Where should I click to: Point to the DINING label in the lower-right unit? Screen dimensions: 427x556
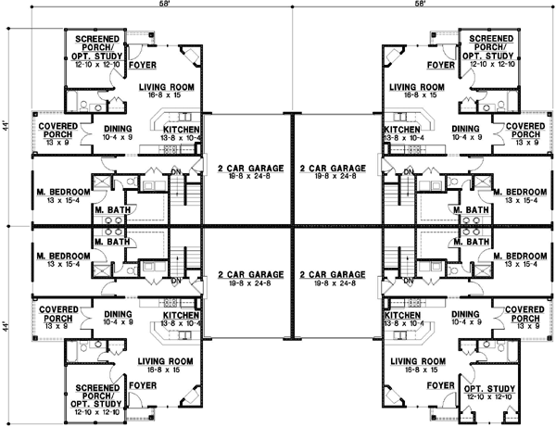click(x=465, y=315)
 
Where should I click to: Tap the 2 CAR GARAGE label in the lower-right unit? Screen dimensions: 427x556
click(x=330, y=276)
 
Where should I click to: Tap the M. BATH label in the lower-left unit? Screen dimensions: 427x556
click(x=111, y=242)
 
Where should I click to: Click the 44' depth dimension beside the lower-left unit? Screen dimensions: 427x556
click(x=6, y=325)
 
